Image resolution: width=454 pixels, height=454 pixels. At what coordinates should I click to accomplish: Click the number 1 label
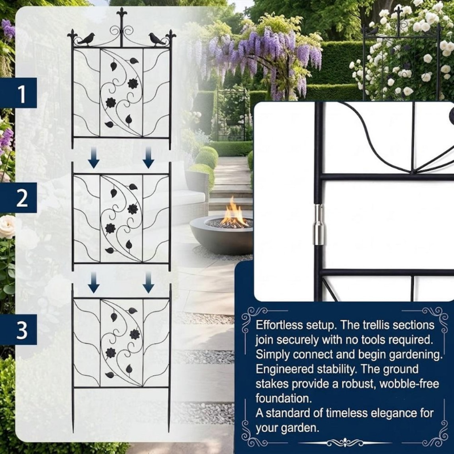click(22, 94)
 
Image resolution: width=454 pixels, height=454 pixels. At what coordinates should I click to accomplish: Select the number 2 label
click(22, 198)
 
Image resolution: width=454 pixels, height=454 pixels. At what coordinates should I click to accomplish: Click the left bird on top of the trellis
click(86, 39)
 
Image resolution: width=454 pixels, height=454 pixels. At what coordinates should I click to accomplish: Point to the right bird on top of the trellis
click(157, 39)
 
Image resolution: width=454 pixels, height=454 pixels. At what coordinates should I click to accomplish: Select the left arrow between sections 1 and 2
click(94, 158)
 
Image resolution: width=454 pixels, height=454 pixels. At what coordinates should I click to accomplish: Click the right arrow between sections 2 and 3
click(148, 283)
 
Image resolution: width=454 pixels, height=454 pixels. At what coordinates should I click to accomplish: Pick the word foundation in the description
click(284, 398)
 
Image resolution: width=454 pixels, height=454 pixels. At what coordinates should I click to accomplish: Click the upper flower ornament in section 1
click(133, 83)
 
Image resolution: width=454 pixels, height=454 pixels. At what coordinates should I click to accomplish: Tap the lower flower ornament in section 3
click(111, 352)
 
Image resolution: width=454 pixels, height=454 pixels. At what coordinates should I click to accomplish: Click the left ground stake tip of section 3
click(73, 431)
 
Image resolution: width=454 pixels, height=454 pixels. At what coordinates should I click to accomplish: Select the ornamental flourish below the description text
click(344, 443)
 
